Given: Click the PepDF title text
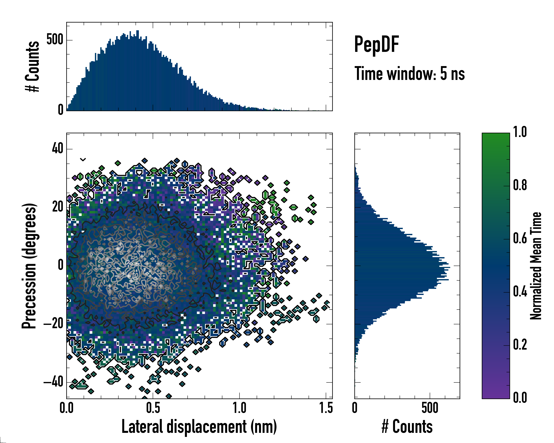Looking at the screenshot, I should (376, 44).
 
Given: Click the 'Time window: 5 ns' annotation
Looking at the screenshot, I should (409, 74).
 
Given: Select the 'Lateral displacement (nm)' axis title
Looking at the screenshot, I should (199, 427).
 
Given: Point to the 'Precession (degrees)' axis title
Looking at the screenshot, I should (29, 266).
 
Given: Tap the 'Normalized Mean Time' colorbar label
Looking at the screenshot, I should (536, 266).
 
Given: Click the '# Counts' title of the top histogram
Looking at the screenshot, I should (32, 66).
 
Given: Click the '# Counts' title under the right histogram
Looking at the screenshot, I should (407, 427).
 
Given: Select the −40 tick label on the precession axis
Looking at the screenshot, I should (53, 382).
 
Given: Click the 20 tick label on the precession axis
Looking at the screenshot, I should (58, 207).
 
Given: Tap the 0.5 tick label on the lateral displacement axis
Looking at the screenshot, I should (153, 408).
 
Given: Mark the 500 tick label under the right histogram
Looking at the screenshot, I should (430, 408).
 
